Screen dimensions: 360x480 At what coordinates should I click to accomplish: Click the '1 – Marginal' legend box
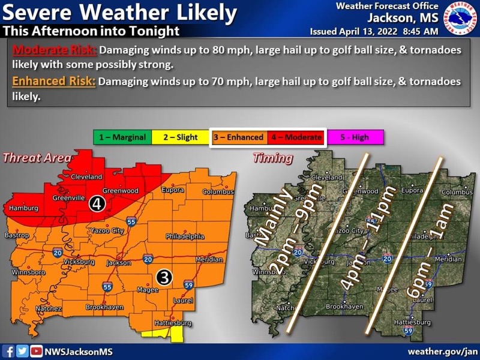coord(122,137)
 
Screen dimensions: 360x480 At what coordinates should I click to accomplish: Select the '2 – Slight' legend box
coord(179,137)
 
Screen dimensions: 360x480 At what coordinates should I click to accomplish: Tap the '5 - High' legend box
coord(355,137)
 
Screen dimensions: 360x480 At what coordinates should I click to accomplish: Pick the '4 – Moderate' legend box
coord(296,137)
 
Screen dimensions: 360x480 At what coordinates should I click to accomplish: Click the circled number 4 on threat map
coord(96,204)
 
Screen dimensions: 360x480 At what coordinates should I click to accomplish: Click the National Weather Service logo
coord(460,18)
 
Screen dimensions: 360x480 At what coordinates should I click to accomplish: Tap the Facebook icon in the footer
coord(9,352)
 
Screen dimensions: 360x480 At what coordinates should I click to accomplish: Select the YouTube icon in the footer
coord(36,352)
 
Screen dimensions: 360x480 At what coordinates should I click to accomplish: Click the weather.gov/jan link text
coord(443,352)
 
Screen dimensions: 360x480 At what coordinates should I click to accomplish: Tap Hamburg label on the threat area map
coord(23,208)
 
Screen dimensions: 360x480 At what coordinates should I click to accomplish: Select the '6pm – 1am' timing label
coord(419,246)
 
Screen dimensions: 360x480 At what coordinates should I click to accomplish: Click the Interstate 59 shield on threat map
coord(188,285)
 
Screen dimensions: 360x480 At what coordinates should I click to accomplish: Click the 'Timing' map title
coord(273,158)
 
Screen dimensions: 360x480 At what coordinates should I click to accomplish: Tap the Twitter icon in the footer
coord(22,352)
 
